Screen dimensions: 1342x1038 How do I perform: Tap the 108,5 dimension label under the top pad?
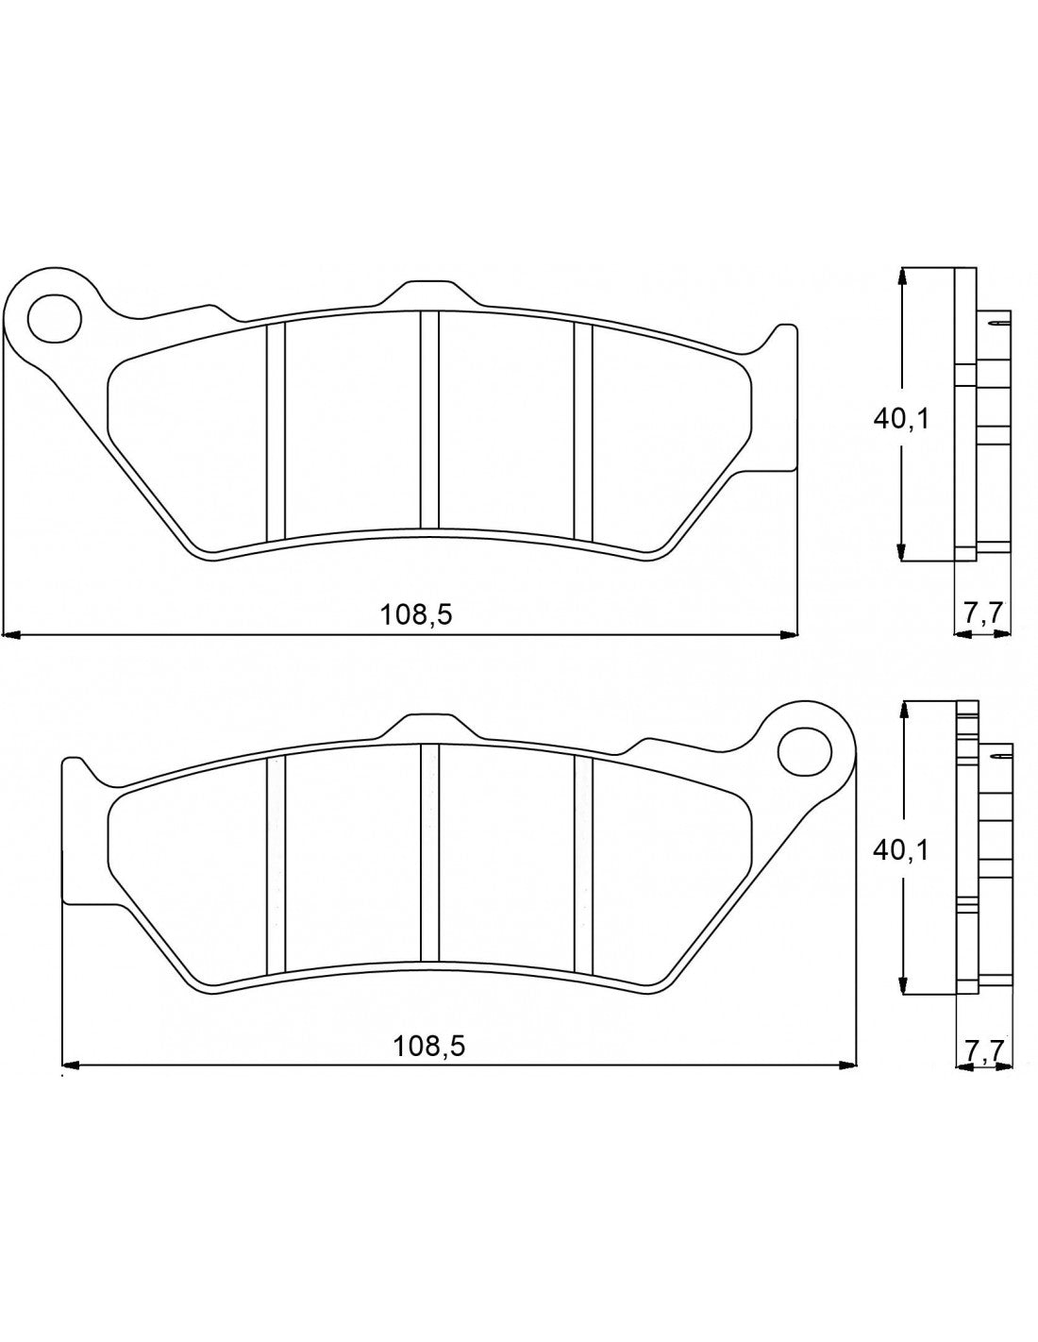tap(416, 615)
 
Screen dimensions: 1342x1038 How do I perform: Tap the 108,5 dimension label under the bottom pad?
tap(429, 1046)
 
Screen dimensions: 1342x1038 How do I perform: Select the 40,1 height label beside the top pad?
tap(900, 418)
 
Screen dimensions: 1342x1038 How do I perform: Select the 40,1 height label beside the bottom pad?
tap(900, 849)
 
